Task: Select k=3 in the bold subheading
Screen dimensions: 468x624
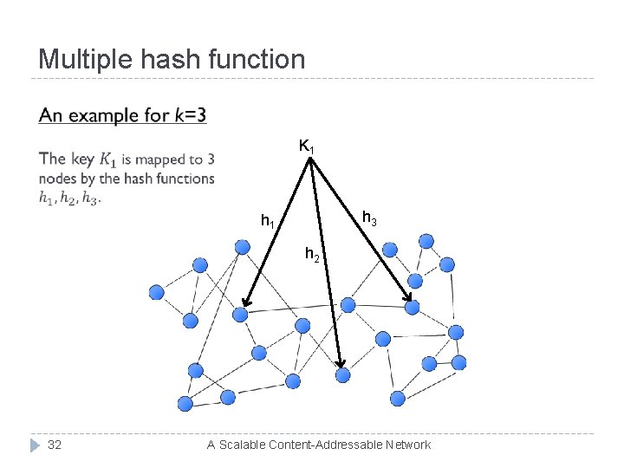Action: point(188,115)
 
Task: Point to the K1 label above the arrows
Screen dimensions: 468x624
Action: point(307,146)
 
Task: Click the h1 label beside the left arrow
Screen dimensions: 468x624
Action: point(269,222)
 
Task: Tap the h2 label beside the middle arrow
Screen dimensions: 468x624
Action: point(312,255)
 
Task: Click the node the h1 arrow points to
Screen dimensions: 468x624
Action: point(241,315)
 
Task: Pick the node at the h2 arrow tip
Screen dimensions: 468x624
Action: point(342,374)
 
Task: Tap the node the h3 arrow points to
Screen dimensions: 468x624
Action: point(413,307)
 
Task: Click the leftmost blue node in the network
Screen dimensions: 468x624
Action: point(157,292)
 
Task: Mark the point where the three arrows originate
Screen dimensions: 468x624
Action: point(309,159)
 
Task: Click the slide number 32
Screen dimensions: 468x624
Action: point(54,445)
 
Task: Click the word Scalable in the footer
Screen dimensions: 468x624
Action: point(244,445)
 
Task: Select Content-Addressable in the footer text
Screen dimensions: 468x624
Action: point(327,445)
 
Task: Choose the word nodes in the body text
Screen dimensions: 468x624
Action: point(57,179)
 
